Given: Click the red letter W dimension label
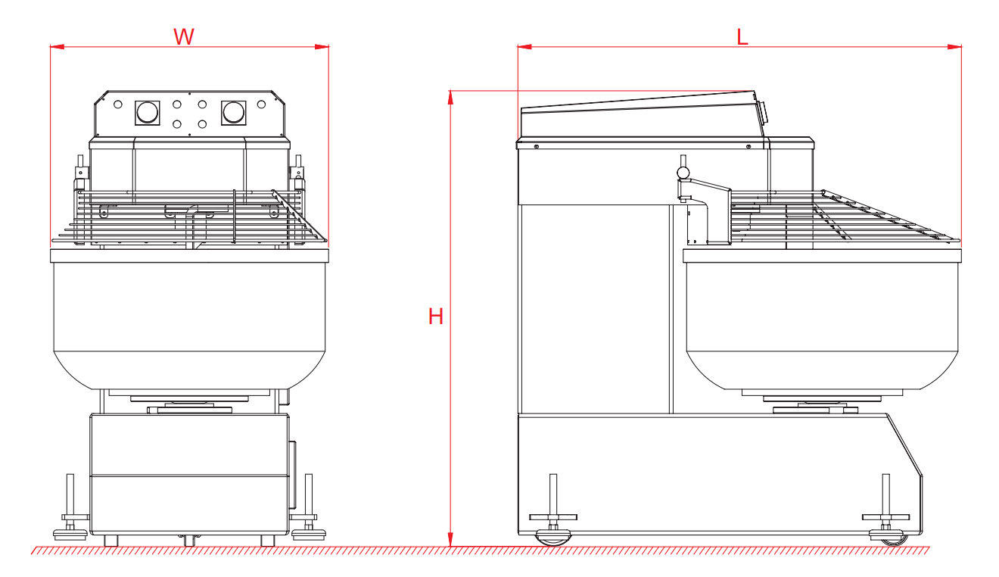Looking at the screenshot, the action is tap(184, 36).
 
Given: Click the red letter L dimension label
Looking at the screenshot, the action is tap(742, 37).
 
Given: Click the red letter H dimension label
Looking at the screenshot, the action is tap(436, 317).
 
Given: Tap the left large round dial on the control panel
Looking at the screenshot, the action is tap(147, 113).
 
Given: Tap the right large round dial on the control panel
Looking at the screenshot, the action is tap(234, 113).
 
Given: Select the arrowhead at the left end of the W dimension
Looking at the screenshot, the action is tap(57, 46).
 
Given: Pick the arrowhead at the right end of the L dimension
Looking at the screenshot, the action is tap(954, 46).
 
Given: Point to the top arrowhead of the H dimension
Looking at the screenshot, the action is tap(450, 98).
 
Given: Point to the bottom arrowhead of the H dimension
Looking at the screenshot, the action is tap(450, 539).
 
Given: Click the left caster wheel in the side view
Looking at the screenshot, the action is tap(553, 538).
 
